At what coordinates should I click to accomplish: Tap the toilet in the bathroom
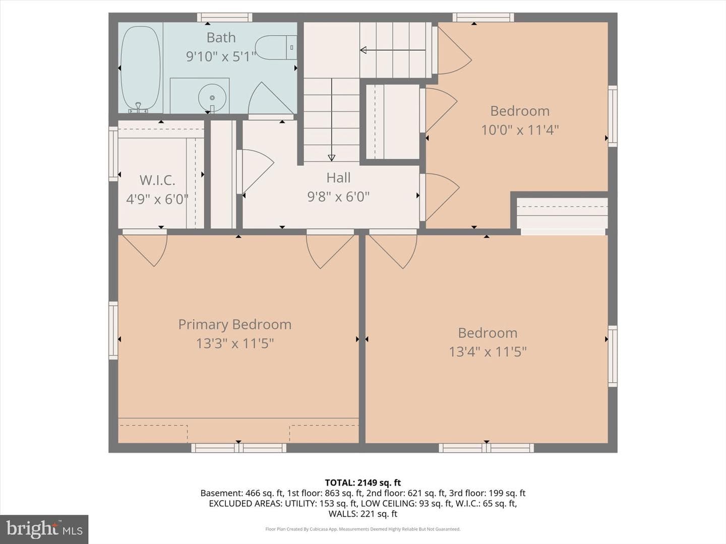click(276, 47)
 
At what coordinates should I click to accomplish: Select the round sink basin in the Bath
click(212, 97)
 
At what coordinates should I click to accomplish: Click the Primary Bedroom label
click(235, 324)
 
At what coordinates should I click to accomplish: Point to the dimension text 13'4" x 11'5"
click(488, 352)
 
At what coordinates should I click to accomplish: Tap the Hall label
click(338, 178)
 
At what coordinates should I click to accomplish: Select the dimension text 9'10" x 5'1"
click(221, 56)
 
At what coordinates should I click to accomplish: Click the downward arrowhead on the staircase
click(331, 158)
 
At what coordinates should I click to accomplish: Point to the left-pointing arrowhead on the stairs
click(363, 50)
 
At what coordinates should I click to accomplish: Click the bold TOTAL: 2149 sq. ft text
click(363, 483)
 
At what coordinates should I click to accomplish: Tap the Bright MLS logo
click(44, 529)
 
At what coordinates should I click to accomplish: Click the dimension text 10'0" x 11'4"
click(520, 130)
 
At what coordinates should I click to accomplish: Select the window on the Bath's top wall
click(224, 17)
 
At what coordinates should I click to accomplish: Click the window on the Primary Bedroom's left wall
click(113, 330)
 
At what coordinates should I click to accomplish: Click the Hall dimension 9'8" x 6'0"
click(338, 197)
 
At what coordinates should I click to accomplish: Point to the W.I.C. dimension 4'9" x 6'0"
click(157, 199)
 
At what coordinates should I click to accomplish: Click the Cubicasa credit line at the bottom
click(363, 529)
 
